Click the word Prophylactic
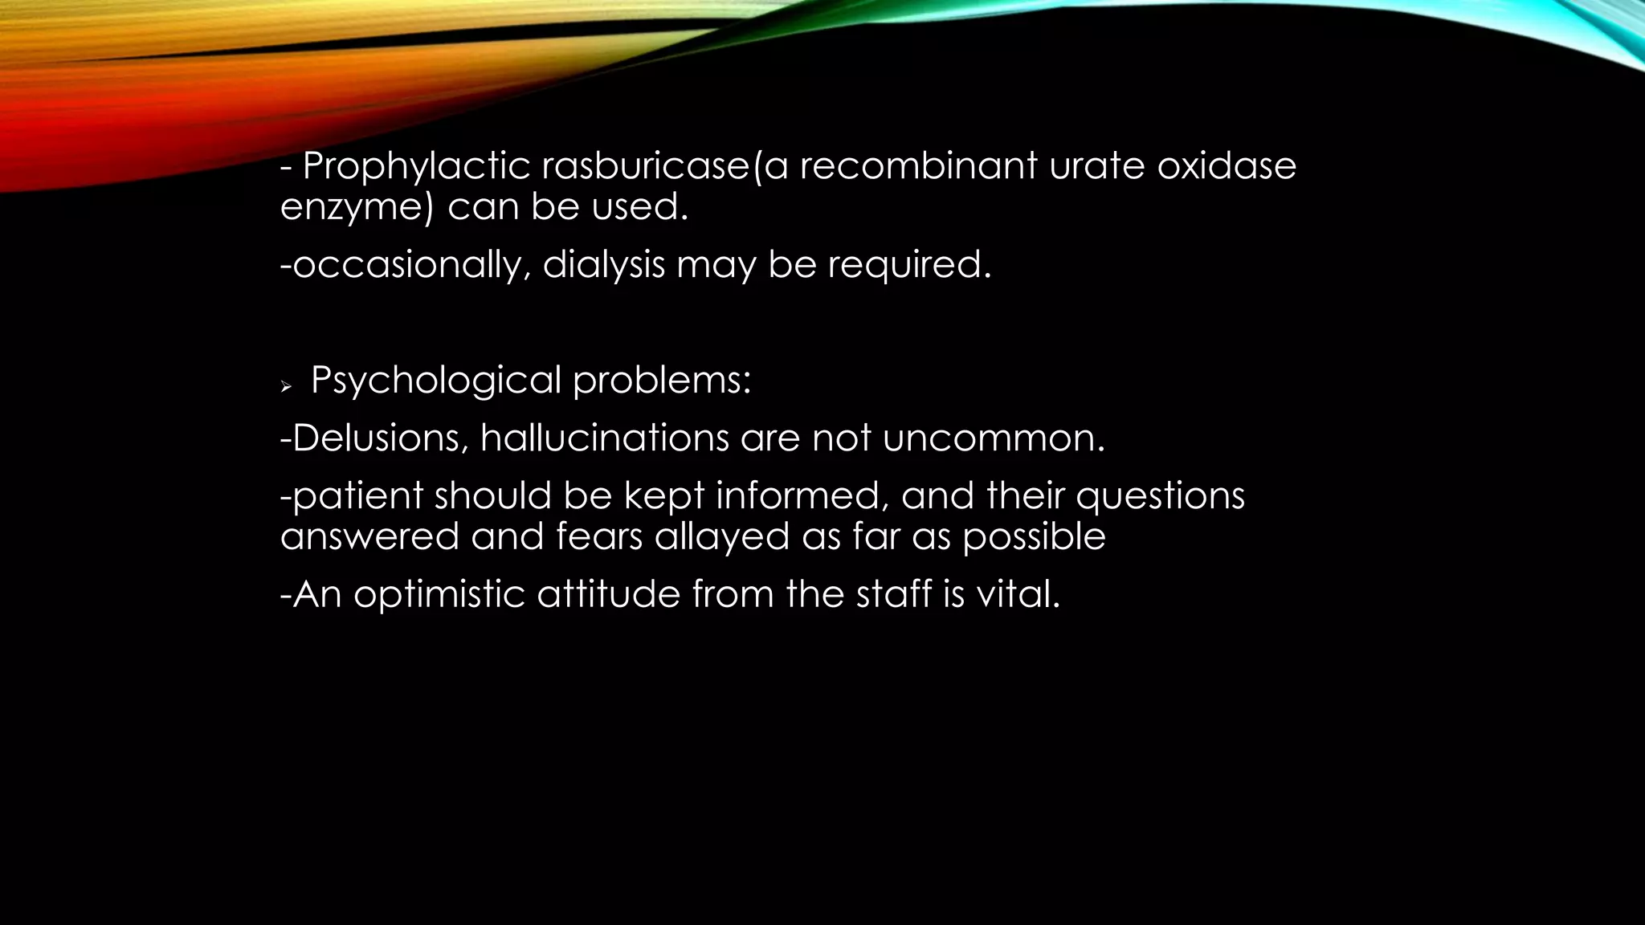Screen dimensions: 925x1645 tap(416, 167)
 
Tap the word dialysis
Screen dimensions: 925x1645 tap(604, 265)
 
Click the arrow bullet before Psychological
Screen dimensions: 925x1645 tap(285, 388)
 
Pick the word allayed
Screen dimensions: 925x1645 tap(722, 536)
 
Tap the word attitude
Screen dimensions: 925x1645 tap(608, 594)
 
